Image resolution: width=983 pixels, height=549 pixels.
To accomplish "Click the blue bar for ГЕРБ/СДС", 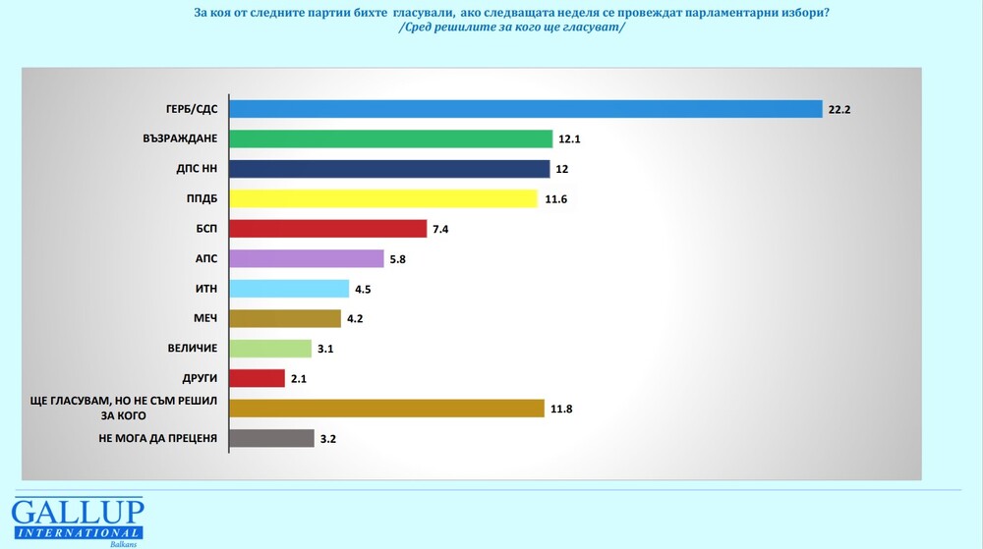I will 525,109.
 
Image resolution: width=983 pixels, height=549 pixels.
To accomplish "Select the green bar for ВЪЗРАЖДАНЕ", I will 391,138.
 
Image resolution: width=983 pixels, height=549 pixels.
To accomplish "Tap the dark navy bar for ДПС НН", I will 389,169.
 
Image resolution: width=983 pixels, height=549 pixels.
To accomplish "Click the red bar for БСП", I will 327,229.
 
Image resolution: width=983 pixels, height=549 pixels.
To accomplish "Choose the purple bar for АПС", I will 306,258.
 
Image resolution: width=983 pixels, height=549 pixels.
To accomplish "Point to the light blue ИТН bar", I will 289,289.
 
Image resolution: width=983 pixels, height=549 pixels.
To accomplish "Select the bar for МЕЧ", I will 285,318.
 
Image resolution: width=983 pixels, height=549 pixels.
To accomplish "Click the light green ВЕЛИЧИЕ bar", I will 270,348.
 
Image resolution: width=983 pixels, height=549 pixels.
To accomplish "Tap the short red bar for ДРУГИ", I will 257,378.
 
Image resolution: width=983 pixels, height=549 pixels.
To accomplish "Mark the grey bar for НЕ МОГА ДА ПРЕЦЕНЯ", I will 271,438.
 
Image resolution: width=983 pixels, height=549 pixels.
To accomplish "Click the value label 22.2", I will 838,110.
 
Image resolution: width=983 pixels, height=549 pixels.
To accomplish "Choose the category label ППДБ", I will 201,199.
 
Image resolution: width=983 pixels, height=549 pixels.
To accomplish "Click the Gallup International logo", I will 77,520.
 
